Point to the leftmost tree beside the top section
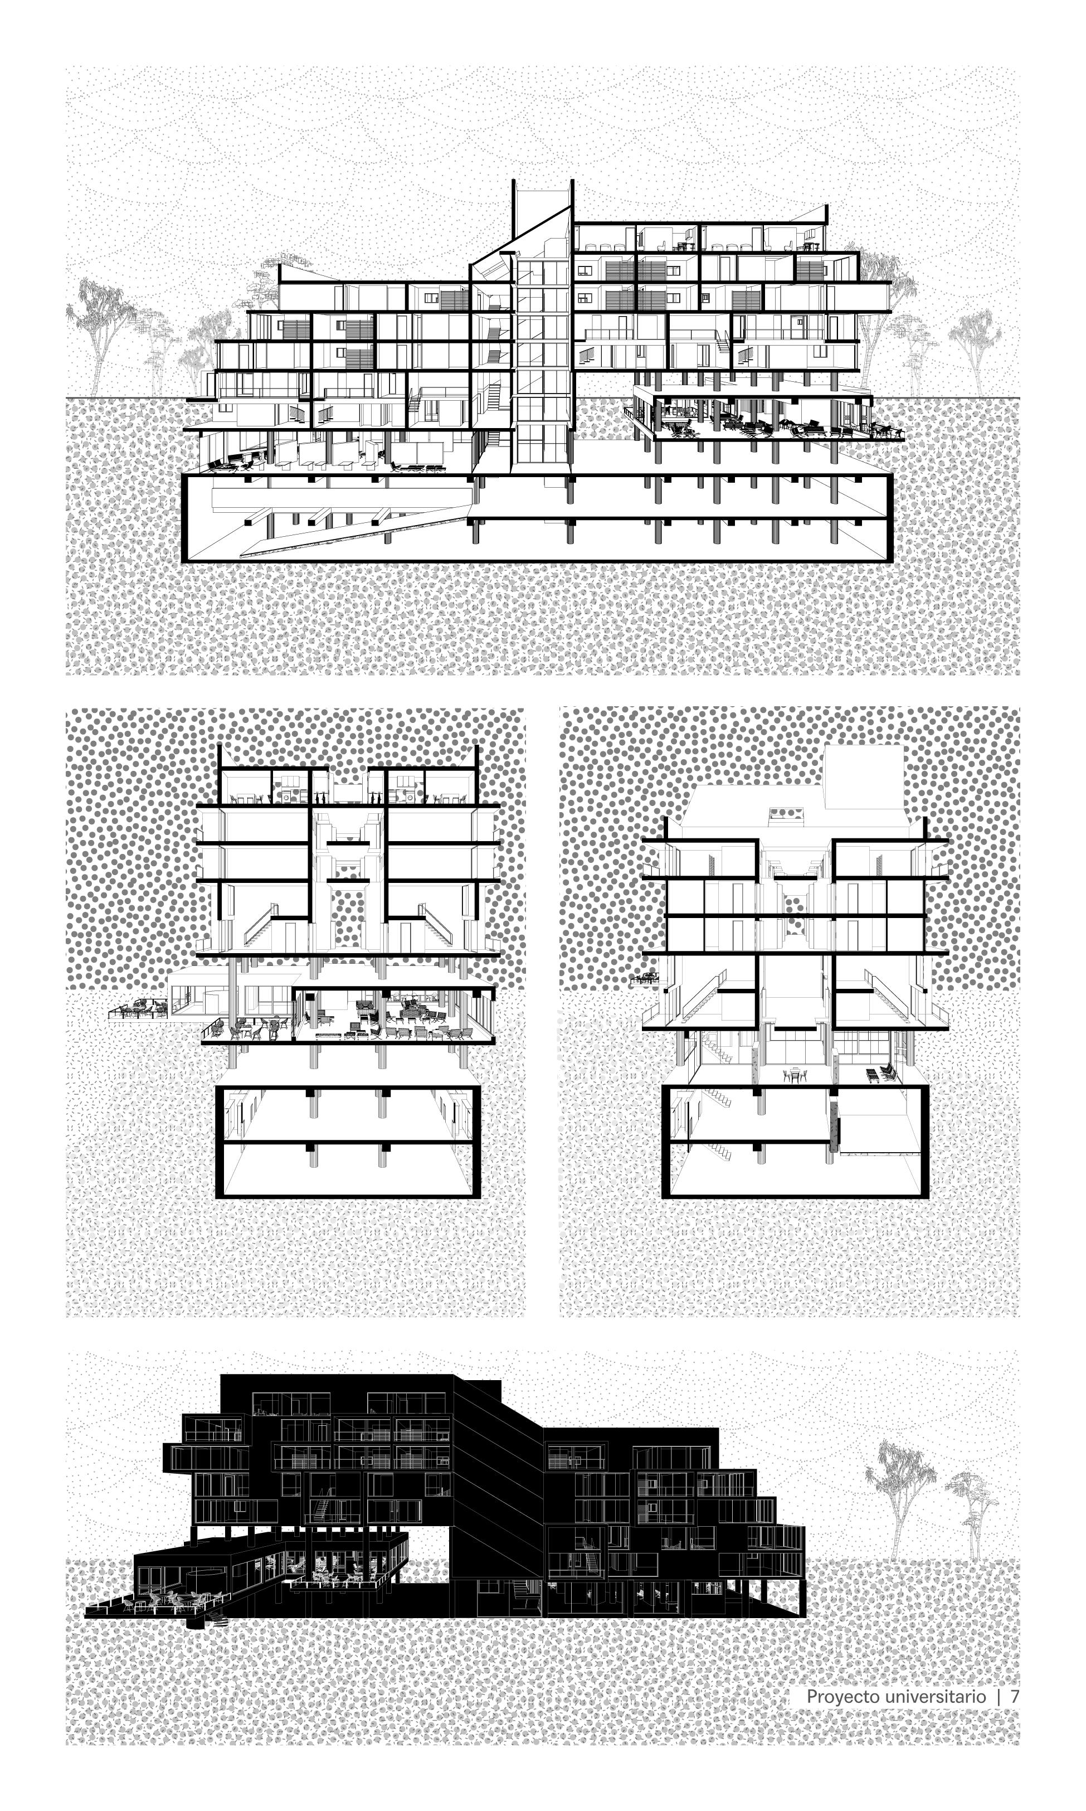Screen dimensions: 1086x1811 pyautogui.click(x=99, y=329)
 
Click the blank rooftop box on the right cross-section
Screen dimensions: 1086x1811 pyautogui.click(x=864, y=776)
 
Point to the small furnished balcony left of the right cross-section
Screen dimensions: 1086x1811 pyautogui.click(x=645, y=978)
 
